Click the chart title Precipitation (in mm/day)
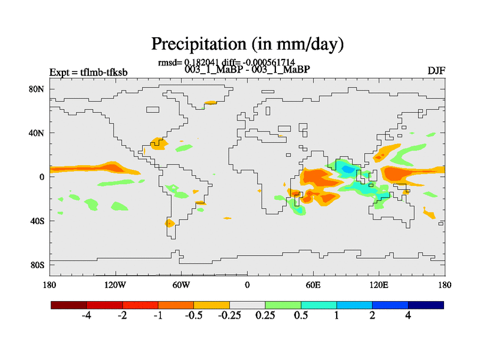pos(247,44)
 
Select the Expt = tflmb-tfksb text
pos(88,73)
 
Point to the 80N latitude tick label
pos(38,89)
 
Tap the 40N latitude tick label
pos(38,133)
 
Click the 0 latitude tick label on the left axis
pos(42,177)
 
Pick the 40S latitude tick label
pos(38,221)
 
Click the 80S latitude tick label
pos(38,265)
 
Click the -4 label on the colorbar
pos(86,316)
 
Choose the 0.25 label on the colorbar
pos(265,316)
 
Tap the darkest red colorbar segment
pos(69,305)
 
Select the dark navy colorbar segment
pos(426,305)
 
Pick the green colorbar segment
pos(283,305)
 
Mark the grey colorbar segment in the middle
pos(247,305)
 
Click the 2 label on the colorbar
pos(372,316)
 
